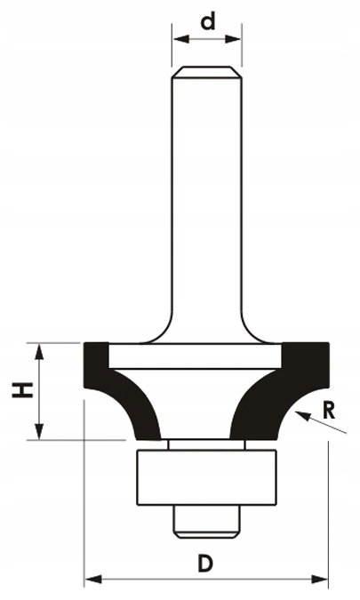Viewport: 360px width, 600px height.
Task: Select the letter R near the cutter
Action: pyautogui.click(x=331, y=411)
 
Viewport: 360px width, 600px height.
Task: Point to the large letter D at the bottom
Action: pyautogui.click(x=205, y=564)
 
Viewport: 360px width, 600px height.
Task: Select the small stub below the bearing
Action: pyautogui.click(x=206, y=520)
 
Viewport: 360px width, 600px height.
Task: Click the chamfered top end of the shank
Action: pyautogui.click(x=207, y=73)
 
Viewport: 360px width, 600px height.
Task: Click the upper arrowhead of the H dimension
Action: pyautogui.click(x=39, y=349)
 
